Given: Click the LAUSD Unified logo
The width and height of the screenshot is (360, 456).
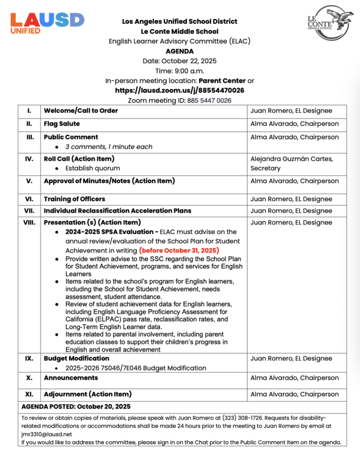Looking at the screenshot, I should click(x=47, y=22).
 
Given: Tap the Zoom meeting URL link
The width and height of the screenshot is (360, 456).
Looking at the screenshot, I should click(x=180, y=90).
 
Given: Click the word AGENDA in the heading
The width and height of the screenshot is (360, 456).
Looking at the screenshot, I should click(x=180, y=51).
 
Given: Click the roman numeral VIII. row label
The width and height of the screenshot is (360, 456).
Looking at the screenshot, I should click(x=29, y=222).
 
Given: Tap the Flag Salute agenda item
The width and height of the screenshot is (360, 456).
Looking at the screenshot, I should click(x=62, y=124).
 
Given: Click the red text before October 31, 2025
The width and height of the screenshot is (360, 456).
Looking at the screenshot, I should click(x=179, y=250).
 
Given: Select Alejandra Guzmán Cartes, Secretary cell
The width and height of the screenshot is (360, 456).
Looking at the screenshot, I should click(x=292, y=163).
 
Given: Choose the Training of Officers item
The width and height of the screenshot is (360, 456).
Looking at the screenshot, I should click(x=74, y=199).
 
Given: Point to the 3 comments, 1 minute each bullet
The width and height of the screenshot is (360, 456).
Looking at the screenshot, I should click(x=108, y=146).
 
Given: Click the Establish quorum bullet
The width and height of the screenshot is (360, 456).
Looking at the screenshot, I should click(x=92, y=168).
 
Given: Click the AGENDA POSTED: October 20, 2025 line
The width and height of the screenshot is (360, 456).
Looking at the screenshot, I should click(x=76, y=406).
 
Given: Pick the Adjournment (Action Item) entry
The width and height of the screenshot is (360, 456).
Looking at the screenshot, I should click(x=87, y=394).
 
